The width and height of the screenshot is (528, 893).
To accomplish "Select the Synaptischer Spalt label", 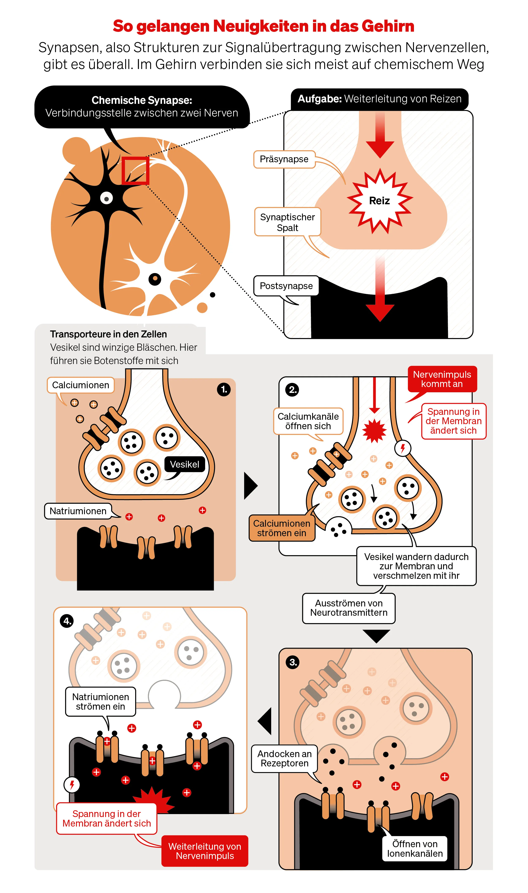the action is pyautogui.click(x=287, y=222).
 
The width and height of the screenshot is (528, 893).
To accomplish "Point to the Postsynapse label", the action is pyautogui.click(x=286, y=286).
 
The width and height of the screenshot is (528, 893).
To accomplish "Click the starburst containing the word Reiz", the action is pyautogui.click(x=380, y=201).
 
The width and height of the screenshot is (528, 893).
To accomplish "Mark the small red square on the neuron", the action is pyautogui.click(x=135, y=171).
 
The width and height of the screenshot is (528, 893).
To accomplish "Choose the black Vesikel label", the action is pyautogui.click(x=184, y=464).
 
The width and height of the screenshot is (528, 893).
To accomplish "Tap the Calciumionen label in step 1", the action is pyautogui.click(x=81, y=385).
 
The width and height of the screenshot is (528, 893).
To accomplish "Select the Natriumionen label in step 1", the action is pyautogui.click(x=78, y=511).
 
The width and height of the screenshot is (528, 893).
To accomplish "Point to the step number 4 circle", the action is pyautogui.click(x=67, y=621).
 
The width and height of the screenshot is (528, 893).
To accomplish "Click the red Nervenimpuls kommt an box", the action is pyautogui.click(x=442, y=379).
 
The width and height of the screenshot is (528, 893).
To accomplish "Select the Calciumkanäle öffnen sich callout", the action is pyautogui.click(x=308, y=421).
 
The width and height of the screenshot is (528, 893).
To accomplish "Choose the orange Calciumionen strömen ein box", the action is pyautogui.click(x=282, y=528).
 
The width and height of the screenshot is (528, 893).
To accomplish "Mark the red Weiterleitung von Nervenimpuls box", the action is pyautogui.click(x=205, y=851).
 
